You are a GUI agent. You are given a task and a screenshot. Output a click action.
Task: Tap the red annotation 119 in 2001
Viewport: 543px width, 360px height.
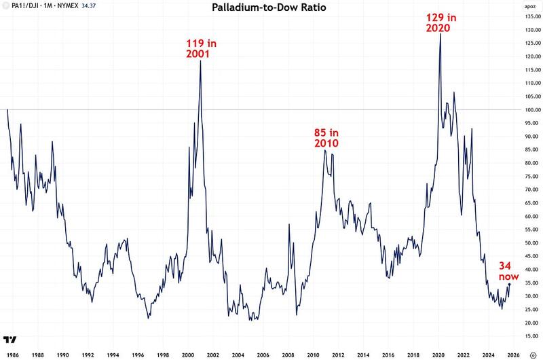click(202, 49)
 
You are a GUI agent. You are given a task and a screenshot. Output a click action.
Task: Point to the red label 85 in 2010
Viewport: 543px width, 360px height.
click(326, 138)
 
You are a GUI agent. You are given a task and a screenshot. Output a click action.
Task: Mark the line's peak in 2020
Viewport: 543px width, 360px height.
click(441, 34)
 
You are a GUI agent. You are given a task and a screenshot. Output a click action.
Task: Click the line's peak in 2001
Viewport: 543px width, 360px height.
click(200, 60)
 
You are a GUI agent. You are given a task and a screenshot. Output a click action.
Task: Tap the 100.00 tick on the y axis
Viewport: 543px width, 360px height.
click(527, 110)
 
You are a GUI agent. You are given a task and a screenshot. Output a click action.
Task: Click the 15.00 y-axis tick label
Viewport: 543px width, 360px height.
click(527, 336)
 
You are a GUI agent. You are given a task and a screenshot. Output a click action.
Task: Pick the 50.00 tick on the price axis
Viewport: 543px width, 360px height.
click(527, 242)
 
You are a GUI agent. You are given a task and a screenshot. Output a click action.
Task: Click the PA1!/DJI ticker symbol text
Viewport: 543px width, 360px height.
click(28, 5)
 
